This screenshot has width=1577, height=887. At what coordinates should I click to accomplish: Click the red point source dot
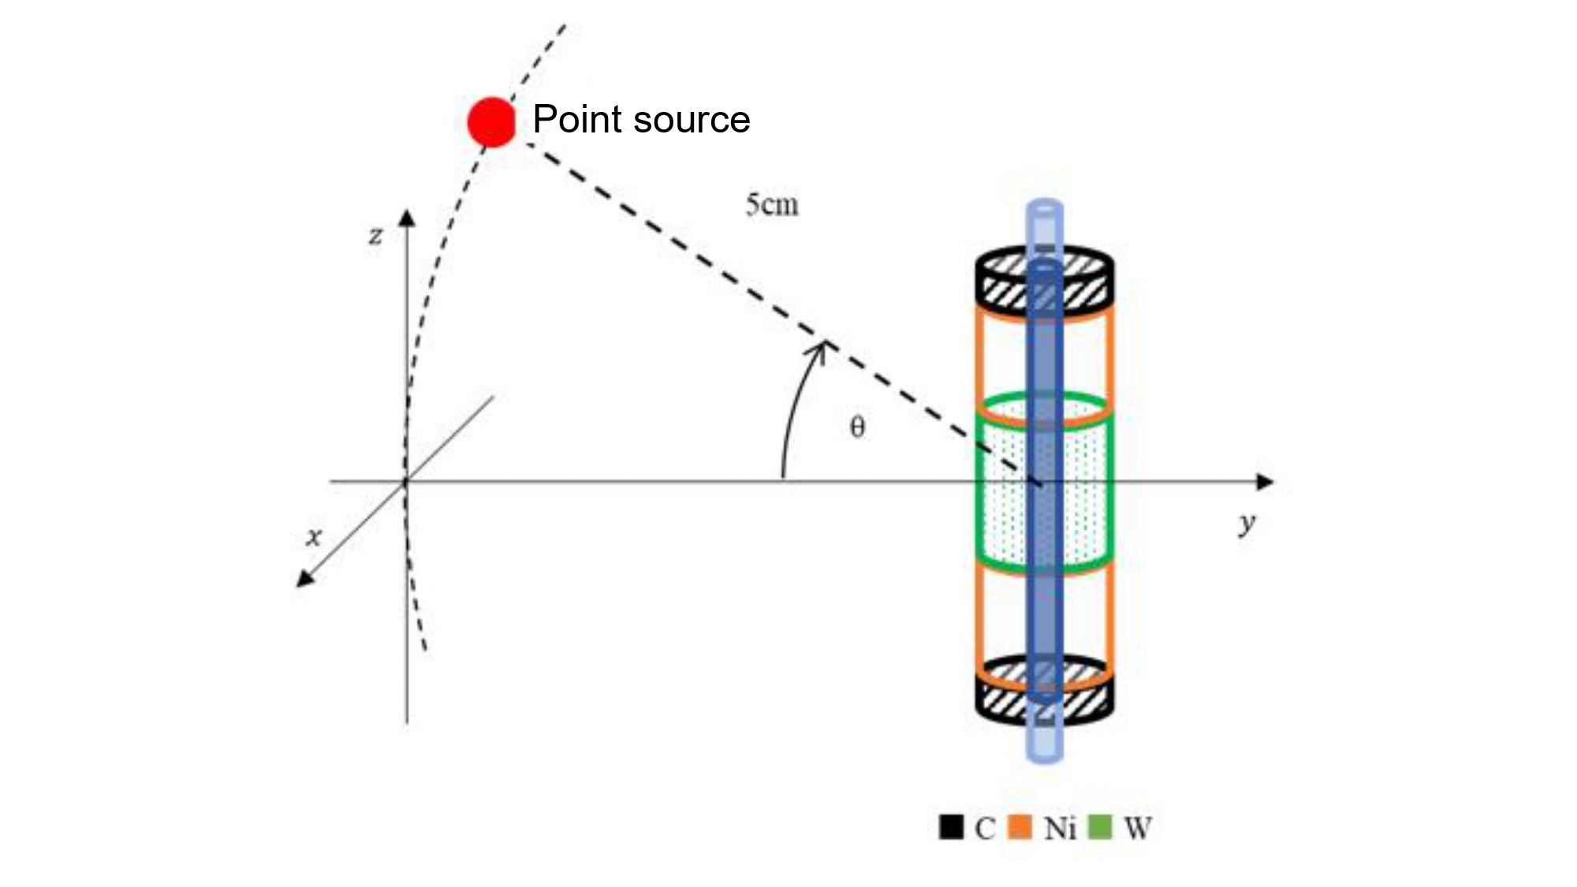tap(491, 122)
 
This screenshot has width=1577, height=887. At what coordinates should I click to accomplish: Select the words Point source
tap(641, 120)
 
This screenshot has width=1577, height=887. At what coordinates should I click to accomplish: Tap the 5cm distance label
tap(772, 205)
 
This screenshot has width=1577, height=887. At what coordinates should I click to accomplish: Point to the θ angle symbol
tap(857, 427)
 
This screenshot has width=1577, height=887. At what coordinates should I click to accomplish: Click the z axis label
tap(376, 236)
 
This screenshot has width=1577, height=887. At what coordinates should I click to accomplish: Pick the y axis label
tap(1247, 523)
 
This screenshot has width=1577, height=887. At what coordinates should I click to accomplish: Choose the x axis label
tap(314, 538)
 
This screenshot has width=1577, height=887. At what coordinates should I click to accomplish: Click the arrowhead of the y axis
tap(1265, 481)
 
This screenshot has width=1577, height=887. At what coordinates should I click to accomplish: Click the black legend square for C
tap(951, 826)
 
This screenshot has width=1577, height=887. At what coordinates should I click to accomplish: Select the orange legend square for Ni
tap(1020, 826)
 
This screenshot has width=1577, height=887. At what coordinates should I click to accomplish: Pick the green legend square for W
tap(1099, 826)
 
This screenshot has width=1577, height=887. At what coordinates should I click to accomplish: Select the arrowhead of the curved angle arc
tap(821, 349)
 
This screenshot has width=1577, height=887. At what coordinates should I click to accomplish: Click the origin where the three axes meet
tap(406, 481)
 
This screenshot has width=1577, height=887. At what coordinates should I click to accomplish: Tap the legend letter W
tap(1137, 828)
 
